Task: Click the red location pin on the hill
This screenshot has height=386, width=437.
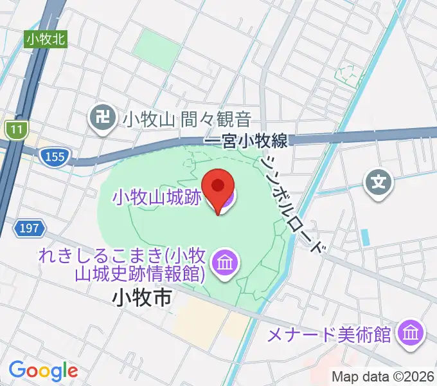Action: click(x=218, y=187)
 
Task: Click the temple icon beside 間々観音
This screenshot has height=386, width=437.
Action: click(x=102, y=118)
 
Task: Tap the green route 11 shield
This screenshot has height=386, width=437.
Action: click(x=15, y=130)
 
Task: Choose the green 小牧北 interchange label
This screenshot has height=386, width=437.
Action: click(x=46, y=39)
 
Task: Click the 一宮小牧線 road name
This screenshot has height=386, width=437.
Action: click(x=245, y=140)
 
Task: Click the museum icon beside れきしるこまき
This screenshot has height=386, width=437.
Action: click(x=225, y=262)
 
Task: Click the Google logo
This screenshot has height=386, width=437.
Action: click(x=43, y=371)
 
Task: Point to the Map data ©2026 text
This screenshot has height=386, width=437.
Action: click(x=384, y=376)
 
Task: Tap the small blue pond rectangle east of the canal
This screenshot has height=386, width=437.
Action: click(x=365, y=237)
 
